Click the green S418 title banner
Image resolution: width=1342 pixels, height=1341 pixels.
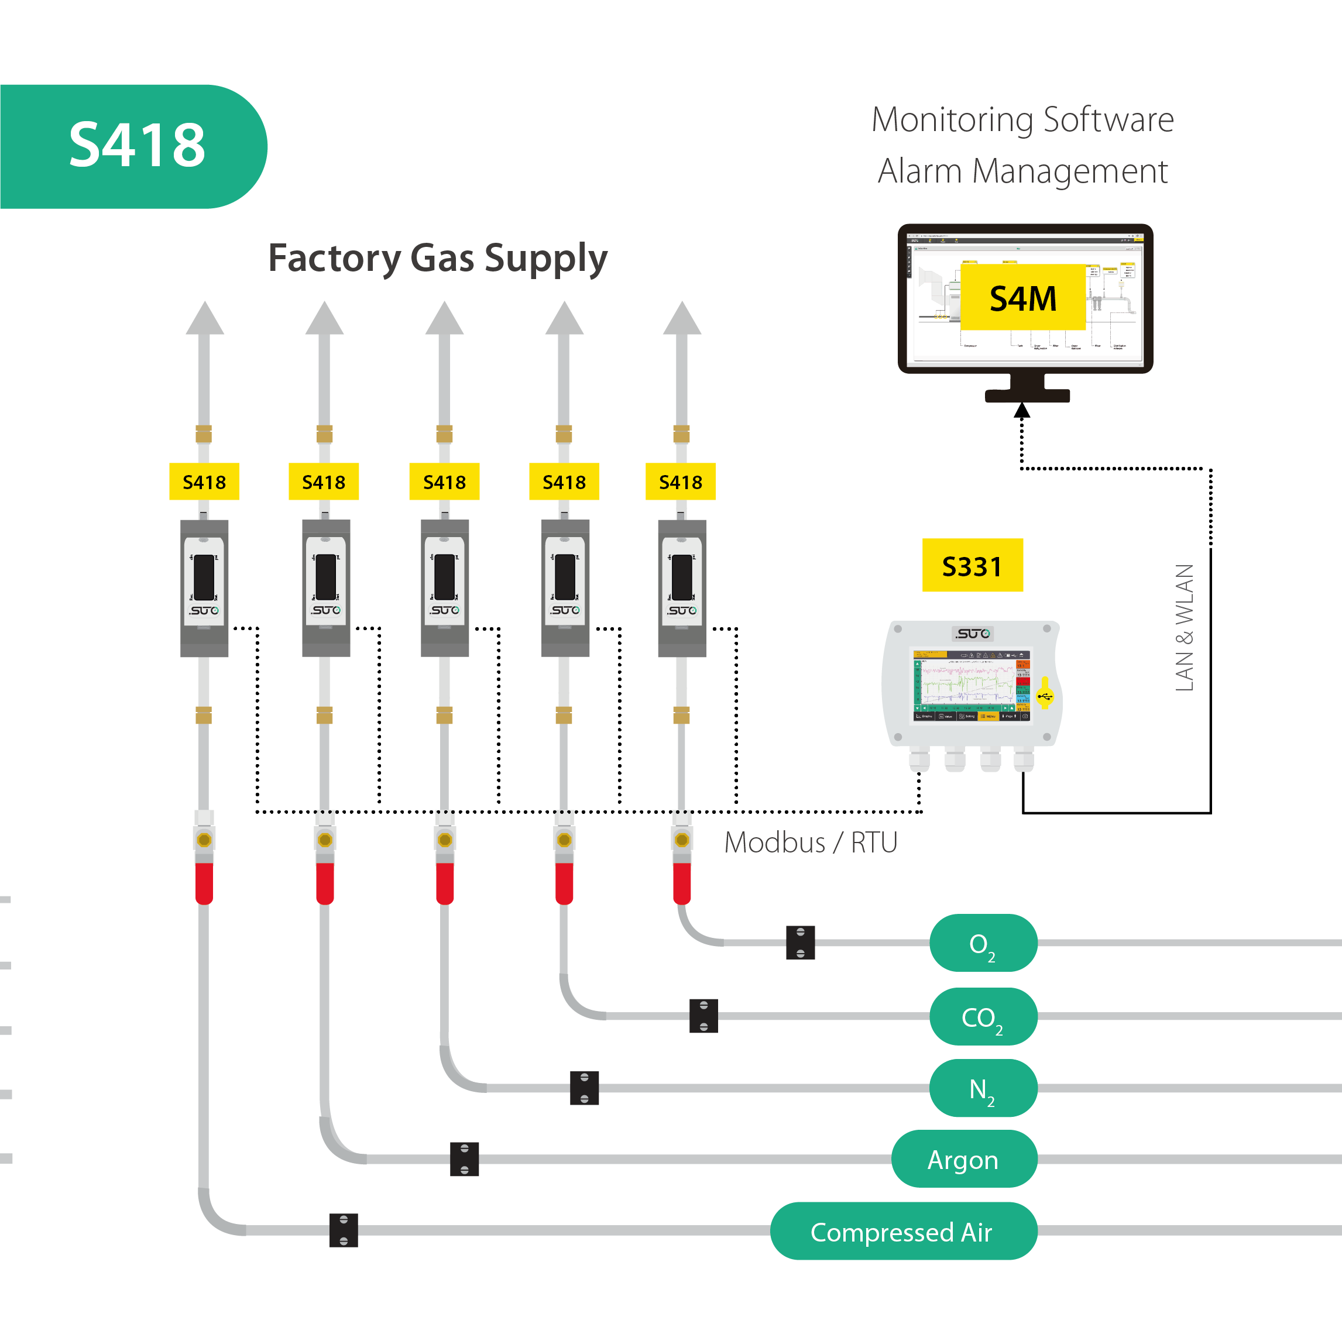pyautogui.click(x=132, y=146)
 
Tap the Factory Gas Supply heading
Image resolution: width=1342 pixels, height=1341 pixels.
pyautogui.click(x=438, y=259)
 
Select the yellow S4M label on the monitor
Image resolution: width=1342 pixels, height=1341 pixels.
pyautogui.click(x=1022, y=298)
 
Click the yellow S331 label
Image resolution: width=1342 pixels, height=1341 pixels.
pyautogui.click(x=972, y=566)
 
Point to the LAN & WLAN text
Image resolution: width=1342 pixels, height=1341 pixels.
pyautogui.click(x=1185, y=627)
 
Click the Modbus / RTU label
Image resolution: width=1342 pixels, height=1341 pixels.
pyautogui.click(x=810, y=843)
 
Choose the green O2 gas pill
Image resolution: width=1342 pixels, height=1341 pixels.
pyautogui.click(x=983, y=943)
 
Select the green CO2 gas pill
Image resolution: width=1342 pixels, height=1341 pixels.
pyautogui.click(x=983, y=1017)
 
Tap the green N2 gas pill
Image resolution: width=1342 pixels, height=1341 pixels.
pyautogui.click(x=983, y=1088)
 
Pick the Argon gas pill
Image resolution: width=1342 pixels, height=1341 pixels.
pyautogui.click(x=963, y=1159)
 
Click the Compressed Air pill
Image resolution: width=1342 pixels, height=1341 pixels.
pyautogui.click(x=903, y=1231)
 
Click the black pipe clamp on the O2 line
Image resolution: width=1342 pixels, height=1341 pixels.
pyautogui.click(x=800, y=943)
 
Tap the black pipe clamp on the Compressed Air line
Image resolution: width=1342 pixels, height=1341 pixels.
pyautogui.click(x=344, y=1230)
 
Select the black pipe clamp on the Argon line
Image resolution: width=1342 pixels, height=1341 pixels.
pyautogui.click(x=464, y=1159)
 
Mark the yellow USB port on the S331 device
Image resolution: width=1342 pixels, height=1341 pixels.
pyautogui.click(x=1045, y=695)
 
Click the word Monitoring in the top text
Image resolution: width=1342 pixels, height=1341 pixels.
pyautogui.click(x=952, y=119)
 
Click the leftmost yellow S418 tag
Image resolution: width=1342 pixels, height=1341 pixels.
pyautogui.click(x=204, y=482)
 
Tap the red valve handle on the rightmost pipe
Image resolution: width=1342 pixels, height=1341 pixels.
pyautogui.click(x=682, y=883)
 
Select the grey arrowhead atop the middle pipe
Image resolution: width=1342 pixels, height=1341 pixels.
pyautogui.click(x=445, y=319)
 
